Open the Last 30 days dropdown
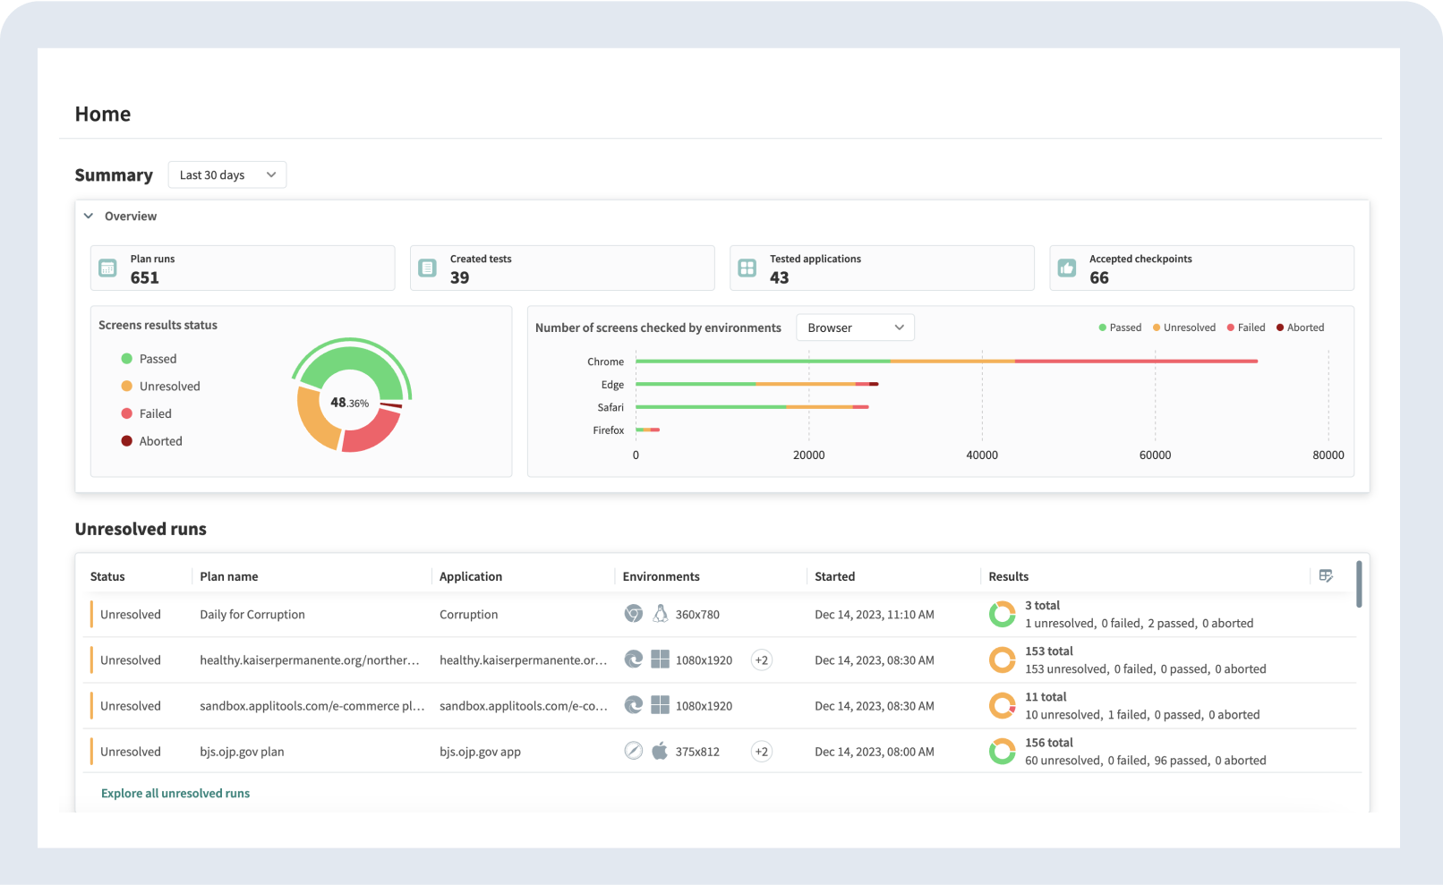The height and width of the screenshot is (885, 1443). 226,175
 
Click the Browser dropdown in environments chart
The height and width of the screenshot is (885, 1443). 854,328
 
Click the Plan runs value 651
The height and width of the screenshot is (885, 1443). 145,277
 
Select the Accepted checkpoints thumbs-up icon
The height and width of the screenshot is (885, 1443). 1067,268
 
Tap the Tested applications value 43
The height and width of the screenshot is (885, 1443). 780,277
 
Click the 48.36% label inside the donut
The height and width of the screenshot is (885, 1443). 350,403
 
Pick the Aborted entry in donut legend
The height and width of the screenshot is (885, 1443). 160,441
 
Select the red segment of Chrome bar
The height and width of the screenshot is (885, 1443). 1137,362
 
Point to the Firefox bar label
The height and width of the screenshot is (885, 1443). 608,430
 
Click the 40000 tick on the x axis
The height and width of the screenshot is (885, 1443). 982,455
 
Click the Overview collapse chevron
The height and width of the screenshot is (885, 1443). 89,217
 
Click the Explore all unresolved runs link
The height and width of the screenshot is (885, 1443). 175,794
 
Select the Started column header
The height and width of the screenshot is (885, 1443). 834,577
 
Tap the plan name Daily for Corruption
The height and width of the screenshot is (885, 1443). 252,615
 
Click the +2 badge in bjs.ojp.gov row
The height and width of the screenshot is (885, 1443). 761,752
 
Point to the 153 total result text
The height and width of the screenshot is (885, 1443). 1048,651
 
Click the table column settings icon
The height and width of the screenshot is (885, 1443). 1326,576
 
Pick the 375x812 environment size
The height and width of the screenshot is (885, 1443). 697,752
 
